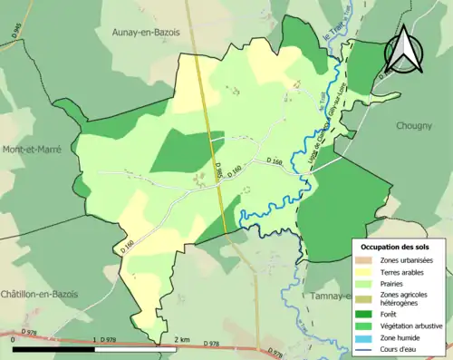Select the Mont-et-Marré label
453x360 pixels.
30,149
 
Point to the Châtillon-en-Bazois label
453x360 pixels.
39,294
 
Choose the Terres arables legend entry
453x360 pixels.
403,271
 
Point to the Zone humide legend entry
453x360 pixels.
400,336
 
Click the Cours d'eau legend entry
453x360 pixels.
400,346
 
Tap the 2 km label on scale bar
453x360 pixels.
181,338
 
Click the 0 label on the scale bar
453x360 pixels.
14,339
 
